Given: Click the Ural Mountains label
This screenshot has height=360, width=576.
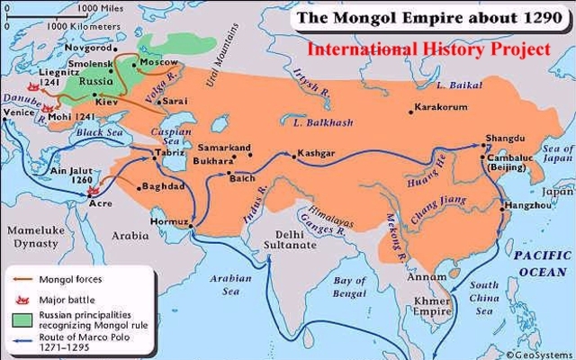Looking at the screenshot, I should [213, 56].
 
